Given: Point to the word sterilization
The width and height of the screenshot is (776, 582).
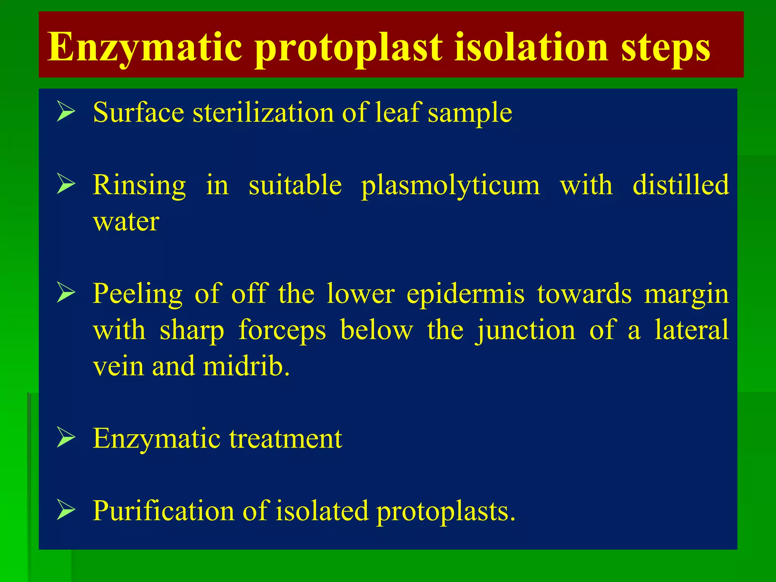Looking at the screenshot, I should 263,112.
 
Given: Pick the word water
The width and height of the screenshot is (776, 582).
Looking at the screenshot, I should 126,221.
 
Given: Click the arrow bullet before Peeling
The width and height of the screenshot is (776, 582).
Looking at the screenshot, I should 66,293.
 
